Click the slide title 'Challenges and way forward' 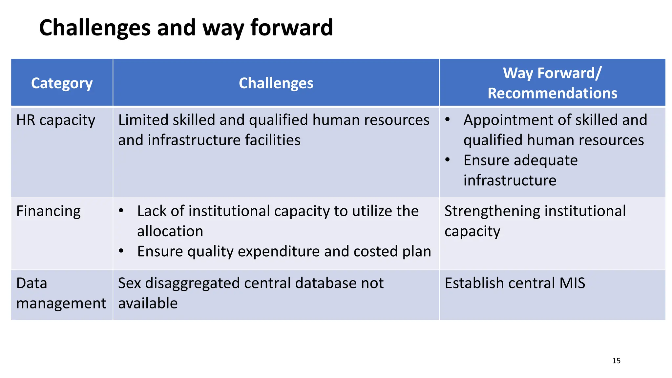point(186,28)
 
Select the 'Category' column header point(62,83)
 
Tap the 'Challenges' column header point(276,83)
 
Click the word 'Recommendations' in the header point(552,93)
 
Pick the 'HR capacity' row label point(55,120)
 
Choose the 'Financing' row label point(48,211)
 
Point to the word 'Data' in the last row point(31,283)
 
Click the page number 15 point(616,361)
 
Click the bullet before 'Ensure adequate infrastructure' point(448,160)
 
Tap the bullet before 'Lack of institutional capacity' point(121,211)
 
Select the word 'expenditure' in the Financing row point(279,252)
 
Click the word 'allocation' point(170,231)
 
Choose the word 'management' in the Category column point(61,304)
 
